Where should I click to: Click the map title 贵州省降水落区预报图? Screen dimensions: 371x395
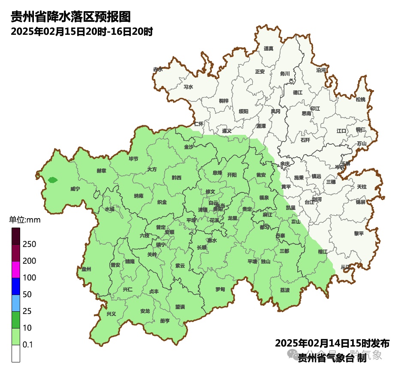[x=70, y=17]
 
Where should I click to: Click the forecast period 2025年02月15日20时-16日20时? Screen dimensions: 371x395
[x=81, y=32]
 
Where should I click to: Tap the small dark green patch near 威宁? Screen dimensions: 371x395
[x=52, y=180]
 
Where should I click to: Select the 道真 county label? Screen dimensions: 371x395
[x=268, y=49]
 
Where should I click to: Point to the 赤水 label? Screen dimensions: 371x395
[x=158, y=70]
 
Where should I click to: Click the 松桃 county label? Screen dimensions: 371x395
[x=361, y=100]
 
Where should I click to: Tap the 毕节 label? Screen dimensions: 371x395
[x=133, y=159]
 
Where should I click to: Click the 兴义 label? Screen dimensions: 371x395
[x=111, y=314]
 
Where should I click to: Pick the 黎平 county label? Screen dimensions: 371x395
[x=359, y=234]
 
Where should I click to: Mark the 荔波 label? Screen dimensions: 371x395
[x=285, y=290]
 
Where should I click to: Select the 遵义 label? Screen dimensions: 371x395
[x=227, y=131]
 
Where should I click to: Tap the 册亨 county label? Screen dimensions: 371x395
[x=165, y=321]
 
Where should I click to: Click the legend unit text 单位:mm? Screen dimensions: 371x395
[x=24, y=220]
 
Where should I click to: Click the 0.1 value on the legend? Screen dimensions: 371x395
[x=28, y=345]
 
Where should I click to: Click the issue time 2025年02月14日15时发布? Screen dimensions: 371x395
[x=332, y=344]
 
